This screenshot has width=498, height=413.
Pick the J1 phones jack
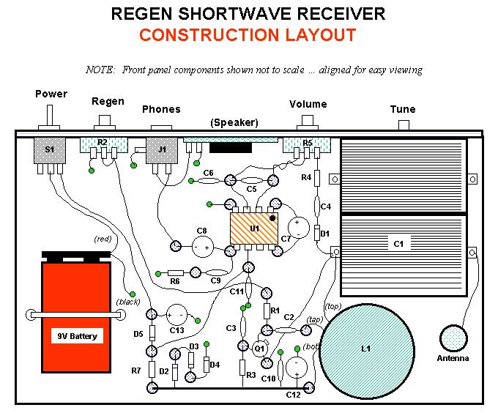(162, 150)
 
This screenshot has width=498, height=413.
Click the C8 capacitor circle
(201, 248)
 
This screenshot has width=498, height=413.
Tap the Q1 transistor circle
(259, 349)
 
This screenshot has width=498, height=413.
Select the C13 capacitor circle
(176, 316)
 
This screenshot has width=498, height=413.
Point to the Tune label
(402, 109)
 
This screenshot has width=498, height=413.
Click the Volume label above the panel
(308, 104)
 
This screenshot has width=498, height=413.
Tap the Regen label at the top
(108, 101)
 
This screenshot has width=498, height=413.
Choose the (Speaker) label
(234, 122)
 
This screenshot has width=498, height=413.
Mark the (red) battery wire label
(103, 239)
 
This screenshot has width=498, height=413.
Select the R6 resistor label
(175, 281)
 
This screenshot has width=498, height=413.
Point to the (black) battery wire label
(127, 302)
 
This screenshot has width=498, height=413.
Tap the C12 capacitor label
(294, 395)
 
